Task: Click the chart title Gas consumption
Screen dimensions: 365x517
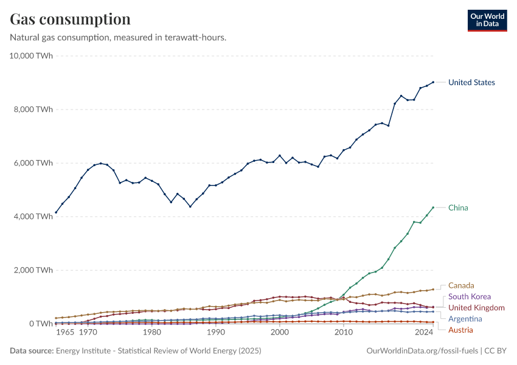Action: point(70,19)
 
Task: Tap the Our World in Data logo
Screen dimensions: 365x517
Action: point(487,20)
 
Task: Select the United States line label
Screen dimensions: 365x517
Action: point(471,82)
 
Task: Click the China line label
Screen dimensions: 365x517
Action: point(458,207)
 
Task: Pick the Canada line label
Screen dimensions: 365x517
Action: point(461,285)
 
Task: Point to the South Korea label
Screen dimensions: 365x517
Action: point(470,296)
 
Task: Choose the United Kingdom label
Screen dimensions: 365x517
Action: point(476,308)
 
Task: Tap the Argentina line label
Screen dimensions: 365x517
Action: point(465,319)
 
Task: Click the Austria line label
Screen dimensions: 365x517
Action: point(460,330)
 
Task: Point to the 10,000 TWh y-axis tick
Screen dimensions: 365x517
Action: point(32,56)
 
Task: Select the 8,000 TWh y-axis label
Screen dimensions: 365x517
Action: point(34,109)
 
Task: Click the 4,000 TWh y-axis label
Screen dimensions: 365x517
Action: point(34,217)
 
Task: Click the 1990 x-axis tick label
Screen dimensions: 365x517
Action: point(215,333)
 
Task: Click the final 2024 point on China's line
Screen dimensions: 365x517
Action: point(432,207)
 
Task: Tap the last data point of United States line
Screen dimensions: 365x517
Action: point(432,82)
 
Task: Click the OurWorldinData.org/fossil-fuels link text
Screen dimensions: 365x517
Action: point(422,351)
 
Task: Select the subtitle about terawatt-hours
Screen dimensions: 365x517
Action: point(118,38)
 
